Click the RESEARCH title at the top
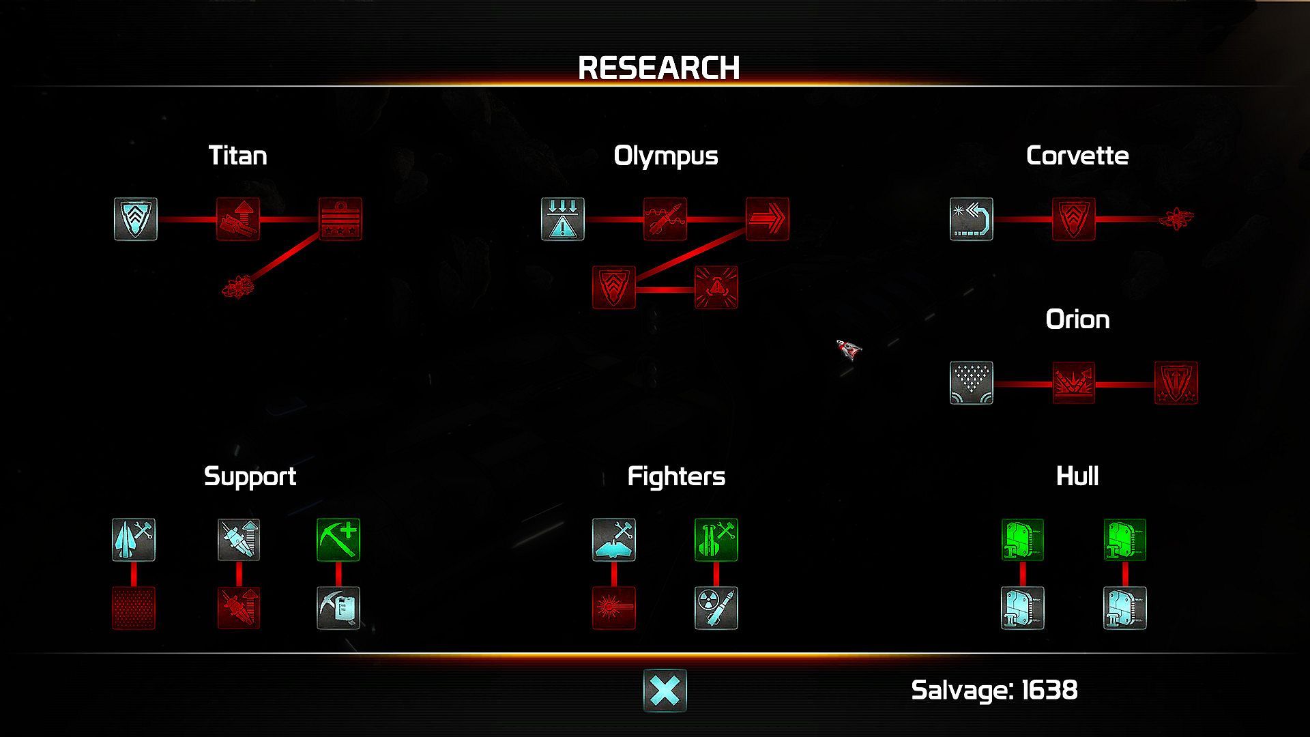click(x=658, y=68)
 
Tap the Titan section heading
click(x=237, y=156)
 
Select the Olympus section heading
click(x=665, y=156)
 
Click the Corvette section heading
click(x=1077, y=156)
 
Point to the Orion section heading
click(x=1077, y=319)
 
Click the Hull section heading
click(x=1077, y=476)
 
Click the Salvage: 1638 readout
click(x=994, y=690)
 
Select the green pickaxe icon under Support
click(x=338, y=540)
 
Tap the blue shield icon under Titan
click(x=136, y=219)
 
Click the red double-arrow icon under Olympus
click(x=767, y=219)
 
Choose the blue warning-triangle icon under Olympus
click(x=563, y=219)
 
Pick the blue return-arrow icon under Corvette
click(x=972, y=219)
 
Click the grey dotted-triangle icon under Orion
click(x=972, y=383)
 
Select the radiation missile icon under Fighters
click(x=716, y=608)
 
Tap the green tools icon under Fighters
click(x=716, y=540)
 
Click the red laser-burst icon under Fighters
click(x=614, y=608)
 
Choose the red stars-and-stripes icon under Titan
click(x=340, y=219)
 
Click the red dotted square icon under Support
click(x=134, y=608)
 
